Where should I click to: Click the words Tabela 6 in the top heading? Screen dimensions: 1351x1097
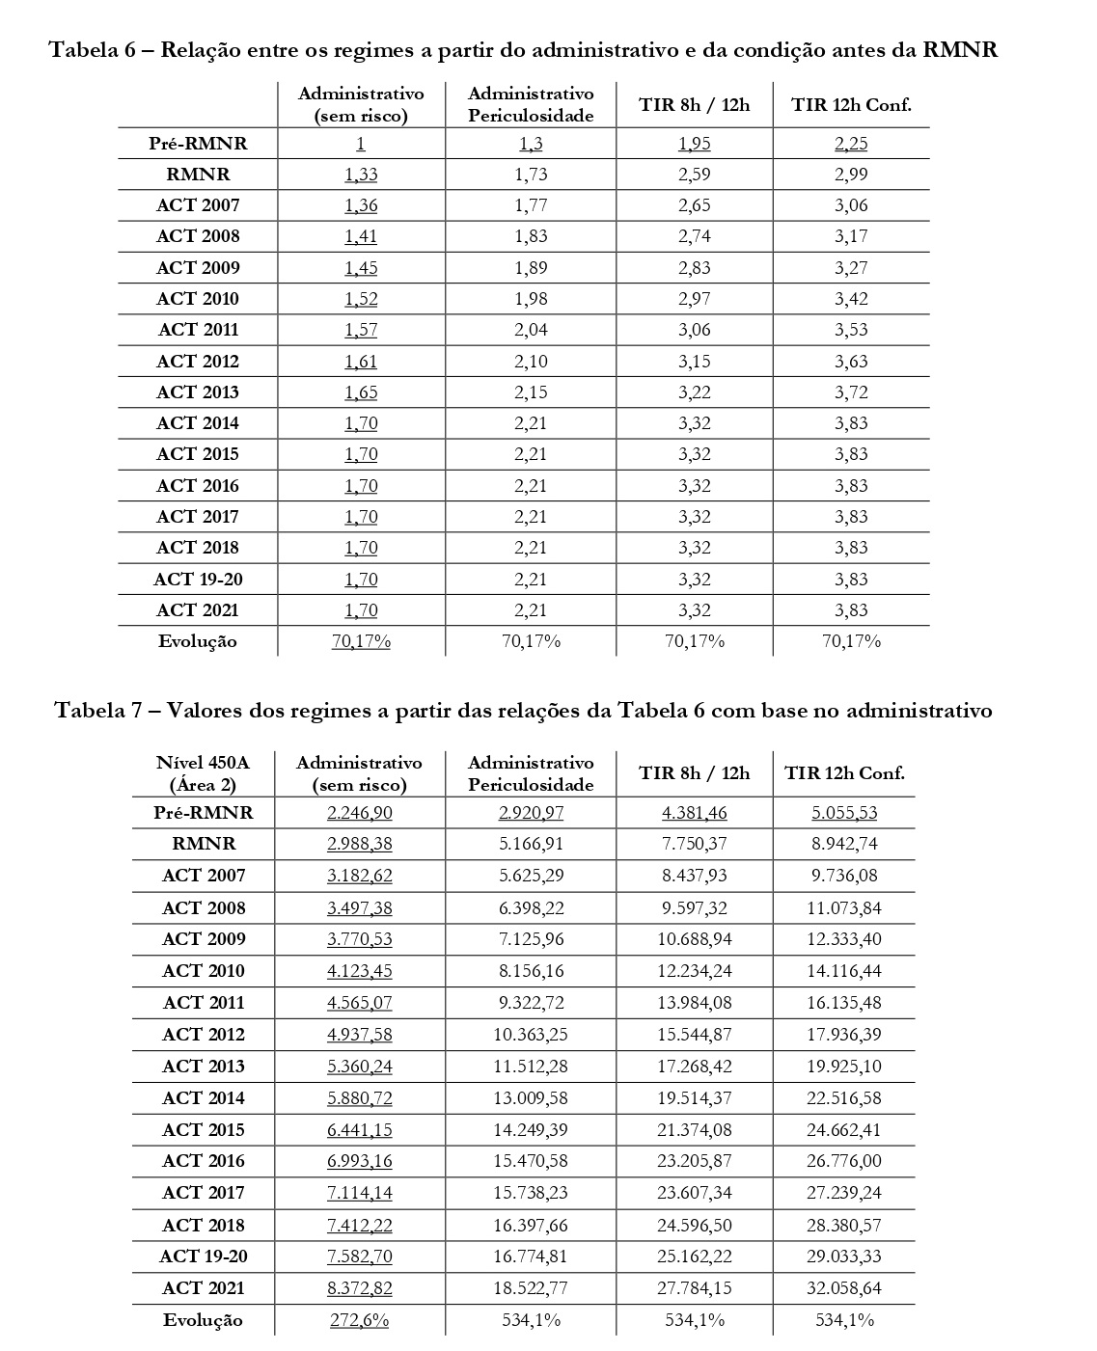90,50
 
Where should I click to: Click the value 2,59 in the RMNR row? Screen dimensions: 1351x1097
694,175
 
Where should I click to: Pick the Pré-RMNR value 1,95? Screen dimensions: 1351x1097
694,144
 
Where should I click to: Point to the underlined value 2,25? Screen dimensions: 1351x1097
851,144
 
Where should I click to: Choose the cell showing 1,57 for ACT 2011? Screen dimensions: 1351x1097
361,330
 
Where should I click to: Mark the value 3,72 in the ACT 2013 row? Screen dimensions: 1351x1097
851,392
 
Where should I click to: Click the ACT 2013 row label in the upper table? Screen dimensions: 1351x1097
198,392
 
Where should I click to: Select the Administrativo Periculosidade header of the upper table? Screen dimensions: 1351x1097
531,104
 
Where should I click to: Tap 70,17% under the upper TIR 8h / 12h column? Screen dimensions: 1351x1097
694,641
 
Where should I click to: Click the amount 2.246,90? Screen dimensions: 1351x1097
360,813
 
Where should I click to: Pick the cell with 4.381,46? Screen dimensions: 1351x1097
694,813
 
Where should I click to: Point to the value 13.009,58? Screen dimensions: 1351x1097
531,1098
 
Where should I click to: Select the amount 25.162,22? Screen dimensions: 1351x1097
694,1256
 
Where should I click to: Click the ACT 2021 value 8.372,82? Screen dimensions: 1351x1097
360,1288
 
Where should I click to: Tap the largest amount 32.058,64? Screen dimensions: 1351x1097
844,1288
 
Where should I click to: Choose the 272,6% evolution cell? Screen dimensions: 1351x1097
360,1320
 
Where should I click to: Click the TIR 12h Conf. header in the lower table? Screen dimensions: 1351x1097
844,773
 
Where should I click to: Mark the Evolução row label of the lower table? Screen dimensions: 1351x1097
203,1320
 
